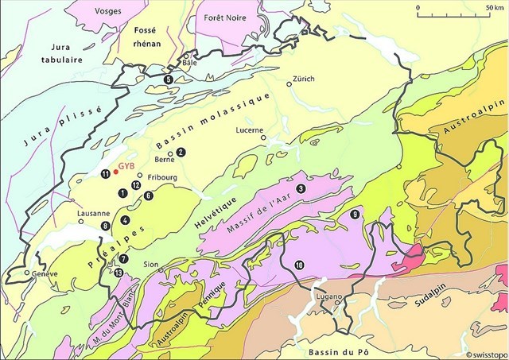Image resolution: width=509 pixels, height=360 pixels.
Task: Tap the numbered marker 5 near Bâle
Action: pos(168,79)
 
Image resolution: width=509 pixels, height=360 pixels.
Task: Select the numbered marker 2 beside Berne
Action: pos(181,152)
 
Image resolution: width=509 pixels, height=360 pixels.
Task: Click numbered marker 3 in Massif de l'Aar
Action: pos(301,188)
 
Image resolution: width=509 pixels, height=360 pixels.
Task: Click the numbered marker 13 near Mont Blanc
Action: pos(119,273)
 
